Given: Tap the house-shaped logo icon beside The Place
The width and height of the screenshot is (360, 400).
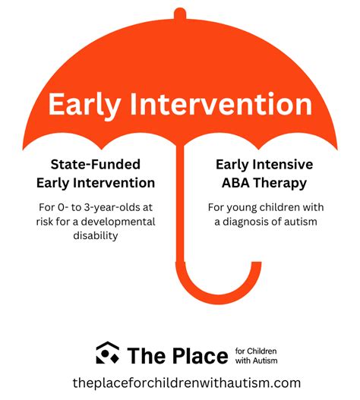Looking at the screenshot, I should (107, 354).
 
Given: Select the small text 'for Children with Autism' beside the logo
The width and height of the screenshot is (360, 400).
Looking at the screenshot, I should (256, 355).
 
